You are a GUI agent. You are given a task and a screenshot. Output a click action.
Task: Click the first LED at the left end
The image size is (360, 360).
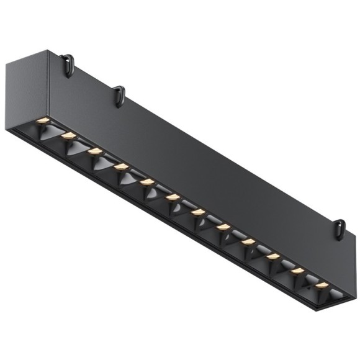pyautogui.click(x=43, y=119)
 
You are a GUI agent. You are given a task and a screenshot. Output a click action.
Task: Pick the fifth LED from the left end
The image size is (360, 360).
pyautogui.click(x=147, y=182)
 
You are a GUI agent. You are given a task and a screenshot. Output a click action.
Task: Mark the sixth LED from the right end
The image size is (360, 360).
pyautogui.click(x=197, y=212)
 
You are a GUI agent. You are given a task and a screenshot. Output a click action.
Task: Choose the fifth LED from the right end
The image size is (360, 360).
pyautogui.click(x=223, y=227)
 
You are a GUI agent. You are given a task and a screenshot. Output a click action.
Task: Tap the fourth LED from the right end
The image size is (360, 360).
pyautogui.click(x=248, y=241)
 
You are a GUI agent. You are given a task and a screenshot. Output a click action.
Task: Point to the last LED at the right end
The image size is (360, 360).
pyautogui.click(x=322, y=286)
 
